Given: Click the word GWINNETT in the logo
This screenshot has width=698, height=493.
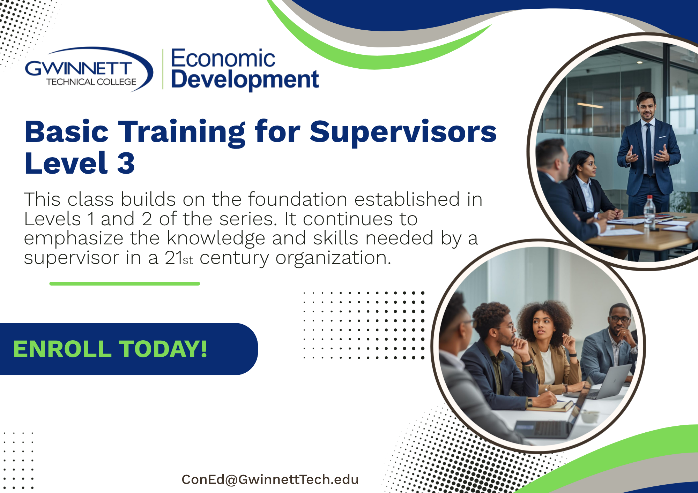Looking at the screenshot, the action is [79, 68].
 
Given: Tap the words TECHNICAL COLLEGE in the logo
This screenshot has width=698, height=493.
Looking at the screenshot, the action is [91, 82].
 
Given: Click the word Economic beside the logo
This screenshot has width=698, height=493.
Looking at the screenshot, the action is [223, 58].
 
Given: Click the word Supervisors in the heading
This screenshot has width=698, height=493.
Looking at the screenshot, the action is [403, 132].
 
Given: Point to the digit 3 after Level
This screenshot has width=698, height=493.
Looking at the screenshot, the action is [126, 163].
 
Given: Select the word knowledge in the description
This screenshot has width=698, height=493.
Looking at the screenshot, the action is [216, 238].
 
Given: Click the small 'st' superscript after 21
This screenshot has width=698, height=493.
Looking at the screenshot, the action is [188, 260].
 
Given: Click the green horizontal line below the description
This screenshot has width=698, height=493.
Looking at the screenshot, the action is [125, 284].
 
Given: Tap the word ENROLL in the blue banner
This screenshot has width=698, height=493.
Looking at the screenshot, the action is [62, 349].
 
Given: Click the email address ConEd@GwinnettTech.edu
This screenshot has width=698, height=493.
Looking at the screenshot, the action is [270, 480].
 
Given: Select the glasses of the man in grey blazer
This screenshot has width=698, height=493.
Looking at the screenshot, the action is [621, 319].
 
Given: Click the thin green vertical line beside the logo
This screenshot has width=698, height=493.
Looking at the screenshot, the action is [163, 69].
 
